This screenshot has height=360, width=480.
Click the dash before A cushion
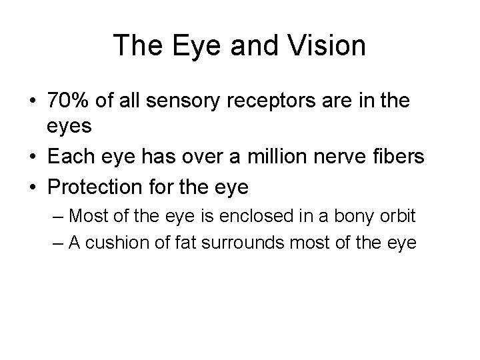coord(57,243)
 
